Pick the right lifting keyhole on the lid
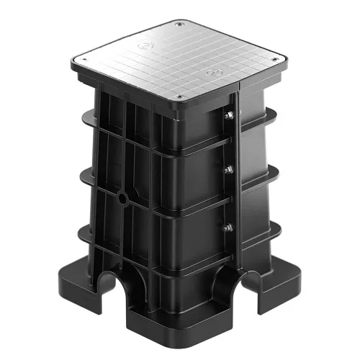click(x=212, y=73)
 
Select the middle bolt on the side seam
click(x=228, y=170)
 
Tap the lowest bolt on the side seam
click(x=228, y=227)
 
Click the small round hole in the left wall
click(x=123, y=197)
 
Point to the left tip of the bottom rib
click(x=77, y=232)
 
